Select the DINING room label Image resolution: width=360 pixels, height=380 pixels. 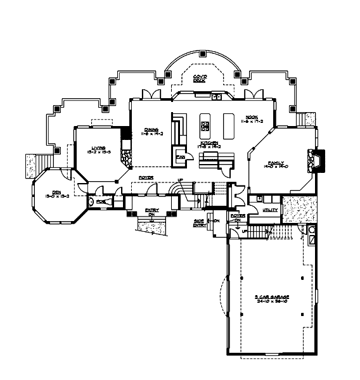pyautogui.click(x=151, y=129)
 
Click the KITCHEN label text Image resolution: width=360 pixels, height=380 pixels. pyautogui.click(x=210, y=143)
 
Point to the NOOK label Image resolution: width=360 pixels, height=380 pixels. pyautogui.click(x=252, y=117)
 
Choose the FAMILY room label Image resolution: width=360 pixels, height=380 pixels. pyautogui.click(x=276, y=162)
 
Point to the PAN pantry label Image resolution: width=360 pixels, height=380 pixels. pyautogui.click(x=180, y=156)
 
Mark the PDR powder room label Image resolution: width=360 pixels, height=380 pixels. pyautogui.click(x=101, y=201)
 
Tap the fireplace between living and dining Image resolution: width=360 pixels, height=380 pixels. pyautogui.click(x=125, y=156)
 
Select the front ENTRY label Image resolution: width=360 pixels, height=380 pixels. pyautogui.click(x=151, y=210)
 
